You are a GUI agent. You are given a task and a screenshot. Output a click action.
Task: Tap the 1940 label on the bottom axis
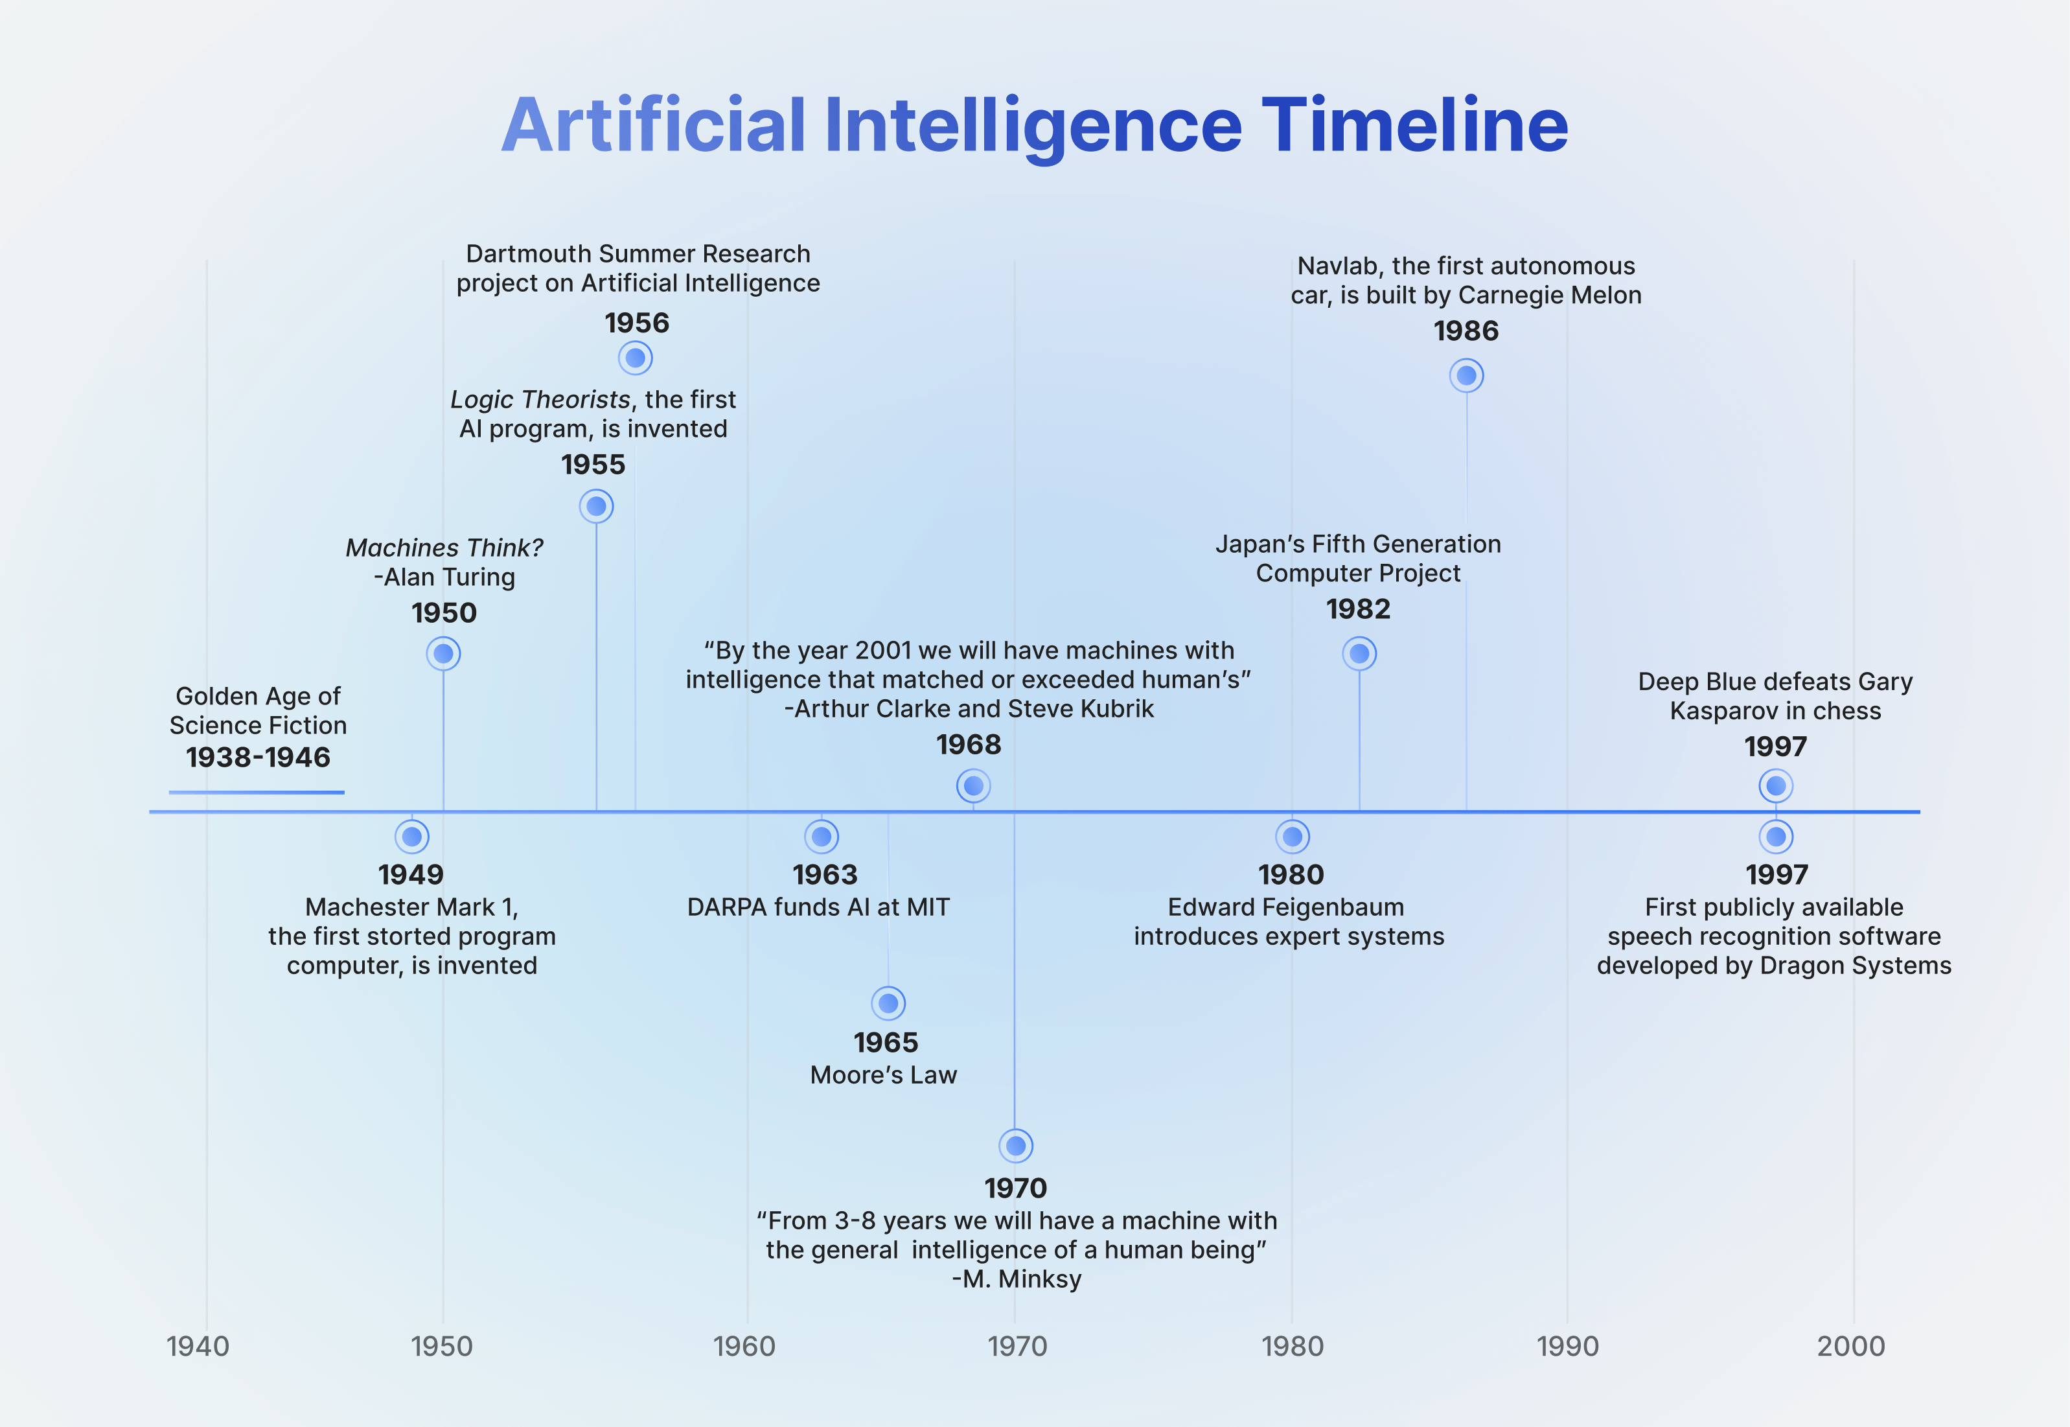click(x=198, y=1345)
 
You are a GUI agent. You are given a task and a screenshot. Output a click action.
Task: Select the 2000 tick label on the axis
click(x=1851, y=1345)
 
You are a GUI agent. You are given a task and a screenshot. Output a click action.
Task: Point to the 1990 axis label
click(x=1567, y=1345)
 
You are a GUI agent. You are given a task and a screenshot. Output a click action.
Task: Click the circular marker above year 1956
click(x=636, y=358)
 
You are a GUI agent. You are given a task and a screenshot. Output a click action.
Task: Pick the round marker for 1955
click(x=596, y=506)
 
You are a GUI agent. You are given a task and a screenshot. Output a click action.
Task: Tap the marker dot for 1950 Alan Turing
click(x=443, y=654)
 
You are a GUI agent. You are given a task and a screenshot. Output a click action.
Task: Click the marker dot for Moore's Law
click(x=888, y=1003)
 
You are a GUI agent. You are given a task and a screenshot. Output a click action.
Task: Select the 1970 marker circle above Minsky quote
click(x=1015, y=1145)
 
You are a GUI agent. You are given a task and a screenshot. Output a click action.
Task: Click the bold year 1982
click(x=1358, y=609)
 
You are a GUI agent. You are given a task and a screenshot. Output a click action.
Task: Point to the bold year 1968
click(x=968, y=744)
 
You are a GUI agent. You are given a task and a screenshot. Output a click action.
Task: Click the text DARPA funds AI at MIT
click(x=818, y=907)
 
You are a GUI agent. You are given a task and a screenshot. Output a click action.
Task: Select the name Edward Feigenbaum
click(x=1285, y=907)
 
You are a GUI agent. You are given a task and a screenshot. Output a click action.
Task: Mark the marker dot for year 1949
click(x=412, y=837)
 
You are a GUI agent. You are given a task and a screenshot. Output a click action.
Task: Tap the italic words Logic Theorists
click(x=540, y=400)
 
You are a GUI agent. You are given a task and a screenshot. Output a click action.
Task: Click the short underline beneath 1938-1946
click(x=257, y=792)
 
